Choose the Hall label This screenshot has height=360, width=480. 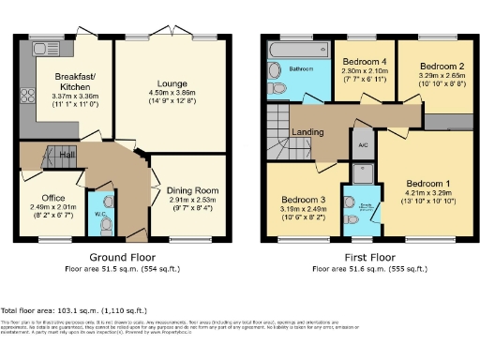click(67, 154)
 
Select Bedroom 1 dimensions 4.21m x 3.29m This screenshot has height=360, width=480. click(427, 193)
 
